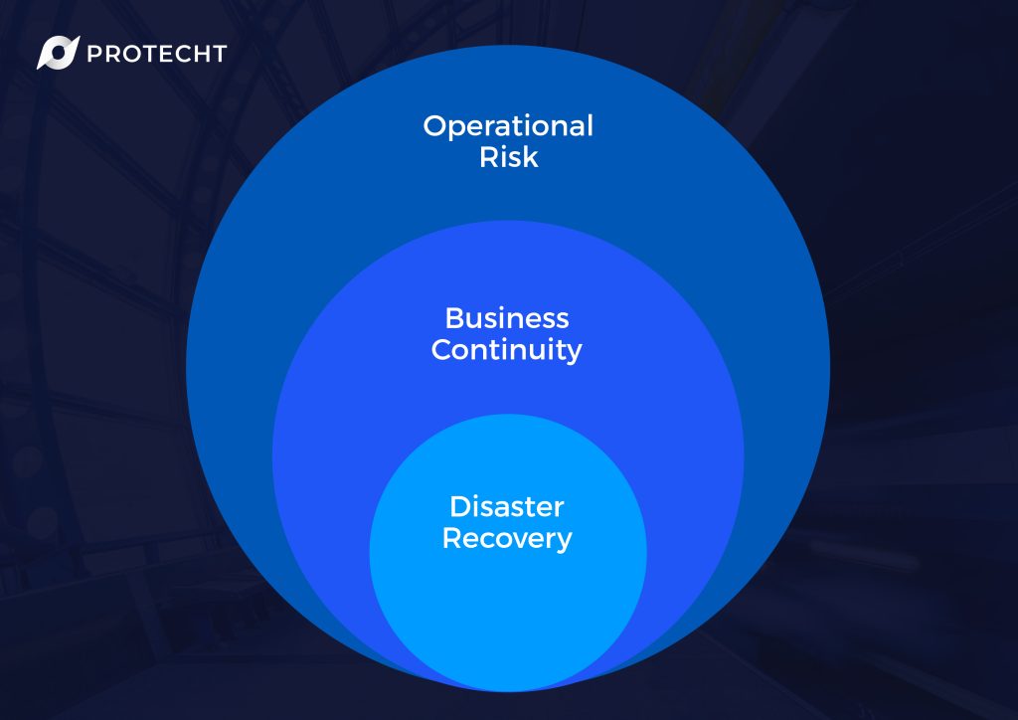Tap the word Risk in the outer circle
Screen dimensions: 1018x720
pos(509,156)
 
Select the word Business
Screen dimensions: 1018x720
pos(507,318)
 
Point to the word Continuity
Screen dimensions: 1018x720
pos(506,351)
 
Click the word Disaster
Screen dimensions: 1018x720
pos(507,507)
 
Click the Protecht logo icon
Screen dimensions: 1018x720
pos(58,53)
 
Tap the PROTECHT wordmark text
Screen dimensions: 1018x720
pos(156,54)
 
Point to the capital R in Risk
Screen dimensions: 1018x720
pos(489,156)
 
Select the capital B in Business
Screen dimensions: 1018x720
pos(455,318)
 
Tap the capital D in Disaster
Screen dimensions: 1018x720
pos(461,507)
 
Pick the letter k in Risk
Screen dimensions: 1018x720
pos(531,156)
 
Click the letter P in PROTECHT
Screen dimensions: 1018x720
pos(94,54)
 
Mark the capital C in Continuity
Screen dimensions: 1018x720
pos(442,349)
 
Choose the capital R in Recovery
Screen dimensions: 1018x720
pos(452,538)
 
